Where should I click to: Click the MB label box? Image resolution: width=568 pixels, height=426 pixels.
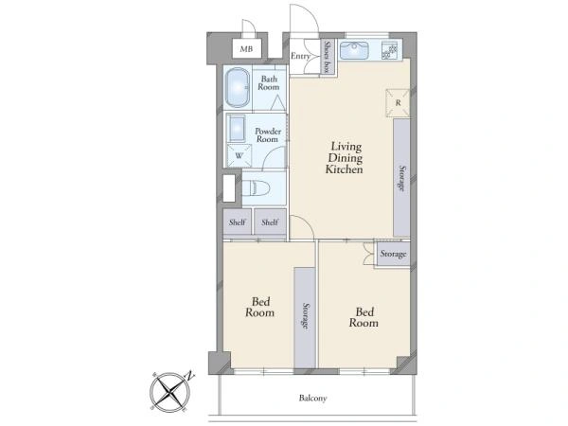pyautogui.click(x=246, y=48)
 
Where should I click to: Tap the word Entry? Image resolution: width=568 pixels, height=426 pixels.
pyautogui.click(x=300, y=56)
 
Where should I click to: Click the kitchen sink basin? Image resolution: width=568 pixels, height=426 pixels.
pyautogui.click(x=354, y=50)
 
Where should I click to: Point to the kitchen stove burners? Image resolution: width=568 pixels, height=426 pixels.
pyautogui.click(x=390, y=50)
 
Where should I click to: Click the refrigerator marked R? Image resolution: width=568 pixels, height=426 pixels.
pyautogui.click(x=398, y=103)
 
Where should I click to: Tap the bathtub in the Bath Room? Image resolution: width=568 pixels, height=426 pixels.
pyautogui.click(x=238, y=88)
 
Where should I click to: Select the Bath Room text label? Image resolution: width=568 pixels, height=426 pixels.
pyautogui.click(x=269, y=83)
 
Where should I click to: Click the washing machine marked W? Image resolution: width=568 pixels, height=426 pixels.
pyautogui.click(x=239, y=156)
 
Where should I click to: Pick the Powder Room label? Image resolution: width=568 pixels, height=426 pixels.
pyautogui.click(x=268, y=135)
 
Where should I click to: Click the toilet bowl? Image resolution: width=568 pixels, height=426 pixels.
pyautogui.click(x=257, y=188)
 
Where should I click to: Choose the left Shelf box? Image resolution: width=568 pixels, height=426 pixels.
pyautogui.click(x=238, y=222)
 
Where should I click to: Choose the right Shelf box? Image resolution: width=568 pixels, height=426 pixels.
pyautogui.click(x=270, y=222)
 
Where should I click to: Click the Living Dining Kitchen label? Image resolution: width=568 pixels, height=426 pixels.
pyautogui.click(x=344, y=158)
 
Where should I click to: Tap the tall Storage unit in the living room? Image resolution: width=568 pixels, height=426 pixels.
pyautogui.click(x=401, y=178)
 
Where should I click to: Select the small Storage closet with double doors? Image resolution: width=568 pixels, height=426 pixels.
pyautogui.click(x=393, y=254)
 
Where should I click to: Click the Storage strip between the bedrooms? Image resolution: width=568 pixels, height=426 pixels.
pyautogui.click(x=305, y=317)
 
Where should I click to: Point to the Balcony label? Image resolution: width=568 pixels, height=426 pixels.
pyautogui.click(x=312, y=399)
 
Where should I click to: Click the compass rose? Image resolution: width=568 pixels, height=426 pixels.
pyautogui.click(x=170, y=392)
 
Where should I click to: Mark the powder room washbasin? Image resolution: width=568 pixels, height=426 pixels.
pyautogui.click(x=237, y=128)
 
